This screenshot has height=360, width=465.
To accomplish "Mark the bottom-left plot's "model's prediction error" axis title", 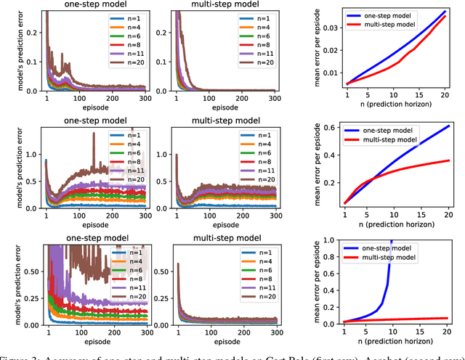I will click(9, 286).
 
